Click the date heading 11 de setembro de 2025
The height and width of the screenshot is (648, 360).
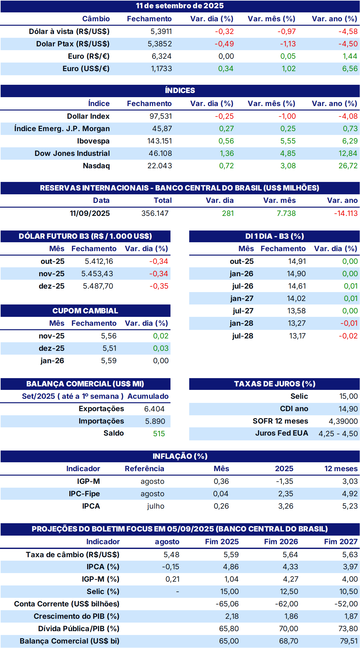click(180, 6)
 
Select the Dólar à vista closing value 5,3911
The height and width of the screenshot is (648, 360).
click(161, 31)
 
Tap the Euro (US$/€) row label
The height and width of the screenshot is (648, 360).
click(86, 69)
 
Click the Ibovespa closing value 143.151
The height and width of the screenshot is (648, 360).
click(160, 141)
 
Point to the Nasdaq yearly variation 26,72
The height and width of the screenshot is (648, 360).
click(348, 166)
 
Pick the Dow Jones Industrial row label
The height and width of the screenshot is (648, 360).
click(72, 153)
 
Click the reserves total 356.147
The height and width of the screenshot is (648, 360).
click(155, 213)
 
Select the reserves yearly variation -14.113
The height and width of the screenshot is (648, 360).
click(346, 213)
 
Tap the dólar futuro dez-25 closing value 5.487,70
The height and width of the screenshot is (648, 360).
click(98, 286)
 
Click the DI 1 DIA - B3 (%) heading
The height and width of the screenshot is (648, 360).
click(275, 236)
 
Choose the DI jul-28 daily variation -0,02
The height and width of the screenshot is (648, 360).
click(348, 336)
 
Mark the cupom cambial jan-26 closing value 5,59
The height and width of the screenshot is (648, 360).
click(109, 361)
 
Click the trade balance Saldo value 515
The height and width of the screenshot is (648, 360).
click(159, 434)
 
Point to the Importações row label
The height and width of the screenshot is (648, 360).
click(101, 421)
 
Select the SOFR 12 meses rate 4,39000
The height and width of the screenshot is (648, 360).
click(343, 421)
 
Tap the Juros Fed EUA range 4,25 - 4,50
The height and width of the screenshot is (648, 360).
click(338, 434)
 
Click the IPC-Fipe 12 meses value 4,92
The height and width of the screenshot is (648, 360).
click(350, 494)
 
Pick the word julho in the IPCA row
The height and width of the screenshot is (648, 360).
click(156, 506)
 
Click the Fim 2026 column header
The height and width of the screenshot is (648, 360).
click(281, 542)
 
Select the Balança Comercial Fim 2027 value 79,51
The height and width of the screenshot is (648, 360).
click(349, 641)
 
